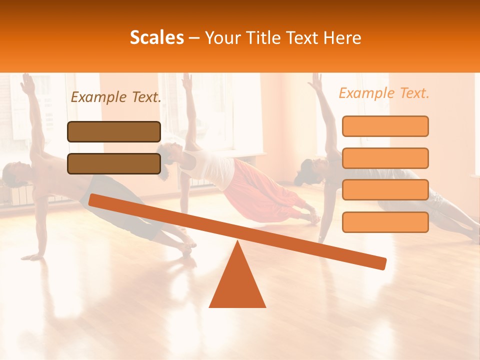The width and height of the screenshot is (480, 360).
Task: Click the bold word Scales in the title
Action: [x=156, y=37]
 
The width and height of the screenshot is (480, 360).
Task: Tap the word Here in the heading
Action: [x=342, y=37]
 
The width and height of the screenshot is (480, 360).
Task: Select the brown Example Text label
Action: [x=116, y=97]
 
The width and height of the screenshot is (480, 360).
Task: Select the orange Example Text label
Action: [x=384, y=93]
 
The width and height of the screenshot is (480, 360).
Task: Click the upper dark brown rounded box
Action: [x=114, y=131]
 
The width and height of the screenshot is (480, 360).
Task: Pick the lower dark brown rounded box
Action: [x=114, y=163]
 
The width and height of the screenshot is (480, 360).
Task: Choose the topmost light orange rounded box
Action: [x=385, y=126]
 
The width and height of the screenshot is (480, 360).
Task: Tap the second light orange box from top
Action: [x=385, y=158]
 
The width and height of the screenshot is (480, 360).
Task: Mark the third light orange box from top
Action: [x=385, y=189]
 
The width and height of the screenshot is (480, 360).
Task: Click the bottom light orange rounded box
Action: [x=385, y=222]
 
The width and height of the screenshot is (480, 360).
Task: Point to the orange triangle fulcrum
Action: [x=237, y=282]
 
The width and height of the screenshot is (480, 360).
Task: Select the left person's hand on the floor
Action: [x=33, y=257]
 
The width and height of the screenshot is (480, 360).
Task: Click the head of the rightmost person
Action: [x=307, y=170]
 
